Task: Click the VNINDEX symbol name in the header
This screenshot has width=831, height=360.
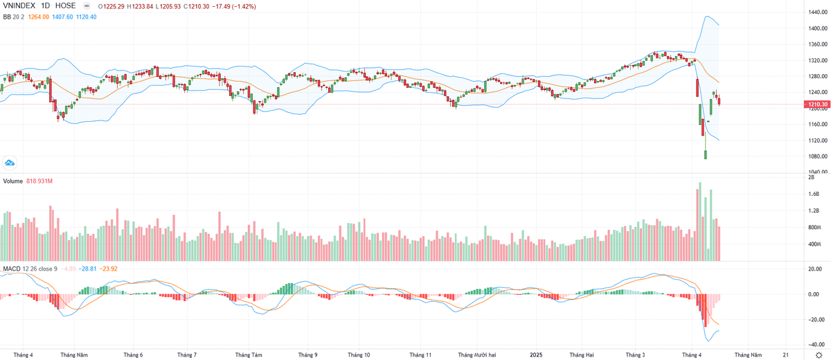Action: tap(19, 6)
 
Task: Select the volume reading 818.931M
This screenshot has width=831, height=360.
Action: tap(40, 181)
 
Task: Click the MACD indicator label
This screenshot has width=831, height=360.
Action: tap(10, 268)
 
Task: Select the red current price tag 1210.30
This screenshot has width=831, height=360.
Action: tap(815, 105)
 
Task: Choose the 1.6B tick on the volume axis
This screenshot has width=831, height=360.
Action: tap(813, 194)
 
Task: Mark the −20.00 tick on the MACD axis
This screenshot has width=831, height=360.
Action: tap(814, 320)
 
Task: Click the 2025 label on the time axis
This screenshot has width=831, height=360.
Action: tap(536, 354)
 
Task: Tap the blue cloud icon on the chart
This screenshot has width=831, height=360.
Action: tap(10, 163)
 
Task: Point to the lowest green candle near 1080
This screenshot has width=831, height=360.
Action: tap(706, 154)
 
